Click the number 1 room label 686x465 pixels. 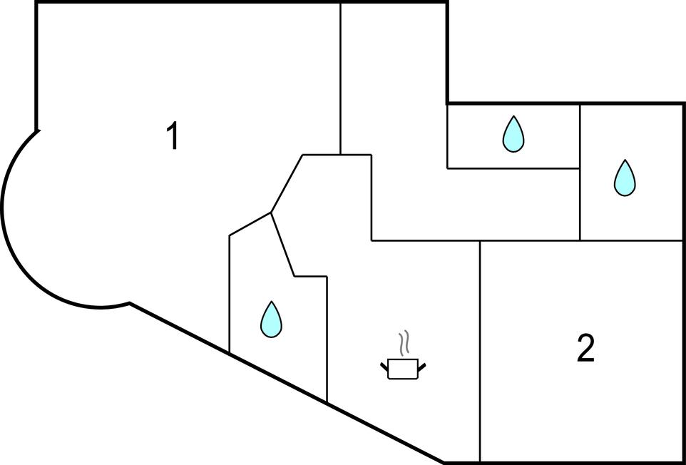[172, 136]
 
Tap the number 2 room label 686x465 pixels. [585, 349]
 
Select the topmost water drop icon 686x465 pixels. [513, 134]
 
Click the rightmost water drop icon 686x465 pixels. [624, 178]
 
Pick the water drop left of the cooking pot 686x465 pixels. [271, 320]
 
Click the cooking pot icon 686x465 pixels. [403, 368]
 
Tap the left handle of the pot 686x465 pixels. [384, 366]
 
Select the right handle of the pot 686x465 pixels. [422, 366]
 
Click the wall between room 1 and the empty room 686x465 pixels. [341, 78]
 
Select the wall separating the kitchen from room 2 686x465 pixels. [480, 349]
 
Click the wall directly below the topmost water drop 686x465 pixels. [513, 168]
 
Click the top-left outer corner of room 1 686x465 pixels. [36, 3]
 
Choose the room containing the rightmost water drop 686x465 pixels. [631, 207]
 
